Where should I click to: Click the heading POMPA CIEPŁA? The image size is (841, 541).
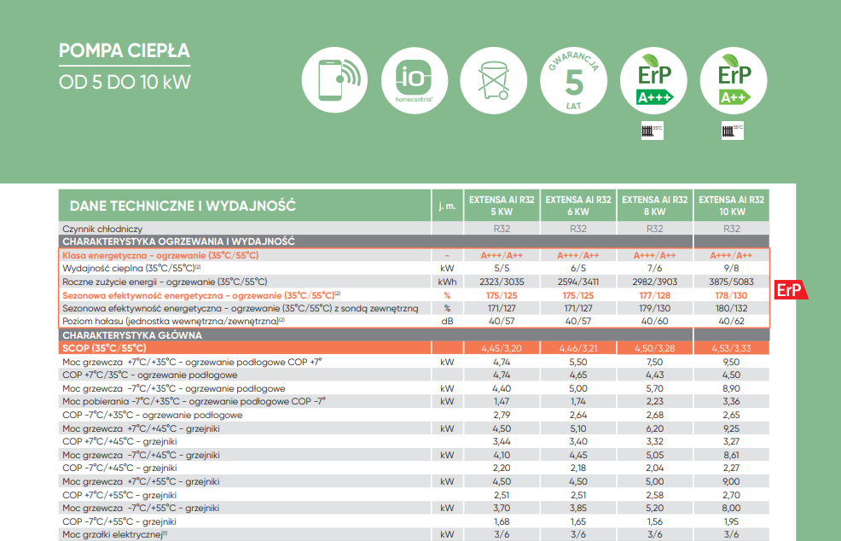[125, 50]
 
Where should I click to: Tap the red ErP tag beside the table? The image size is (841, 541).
[789, 291]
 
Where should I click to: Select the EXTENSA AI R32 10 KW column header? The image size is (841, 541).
[732, 205]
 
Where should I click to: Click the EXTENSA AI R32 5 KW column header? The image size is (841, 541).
[502, 205]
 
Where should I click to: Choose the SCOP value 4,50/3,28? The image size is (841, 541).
[655, 348]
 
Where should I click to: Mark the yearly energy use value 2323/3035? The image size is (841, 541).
[502, 282]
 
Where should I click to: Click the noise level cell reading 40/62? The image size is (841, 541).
[732, 321]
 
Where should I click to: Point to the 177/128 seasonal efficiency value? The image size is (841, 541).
[655, 295]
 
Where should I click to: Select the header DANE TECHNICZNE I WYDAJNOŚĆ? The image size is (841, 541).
[183, 206]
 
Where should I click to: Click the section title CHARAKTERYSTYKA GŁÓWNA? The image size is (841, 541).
[131, 335]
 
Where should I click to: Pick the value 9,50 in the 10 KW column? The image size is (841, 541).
[732, 362]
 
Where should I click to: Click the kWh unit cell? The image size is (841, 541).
[447, 282]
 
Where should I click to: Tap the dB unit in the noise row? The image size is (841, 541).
[447, 321]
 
